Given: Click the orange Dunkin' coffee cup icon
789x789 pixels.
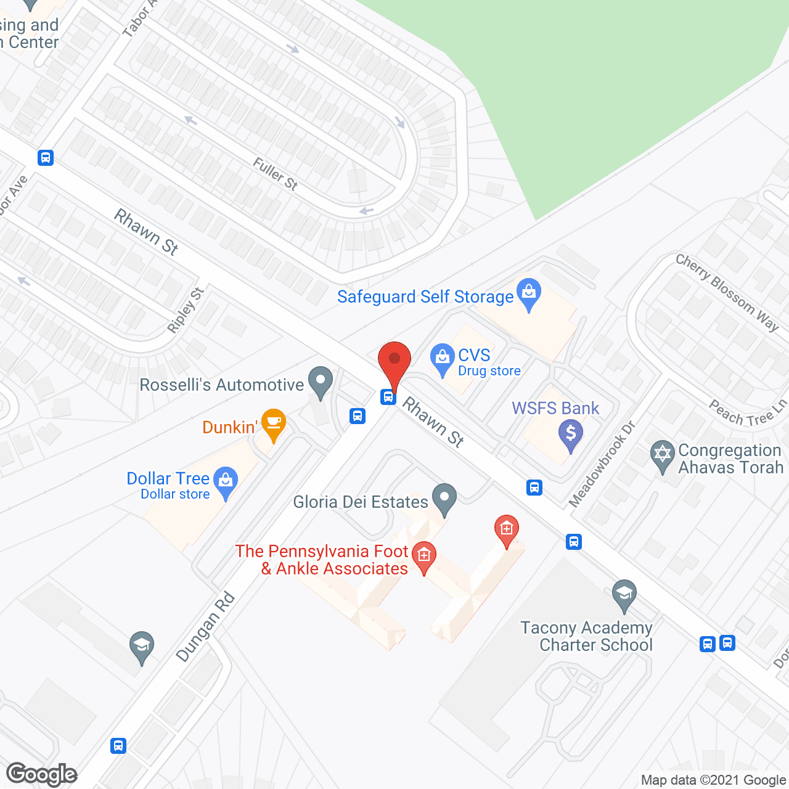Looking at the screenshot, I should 274,423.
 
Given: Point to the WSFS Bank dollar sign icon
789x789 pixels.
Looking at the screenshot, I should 571,433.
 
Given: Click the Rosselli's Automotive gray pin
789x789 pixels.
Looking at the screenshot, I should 320,381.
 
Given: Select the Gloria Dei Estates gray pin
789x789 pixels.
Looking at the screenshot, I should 444,498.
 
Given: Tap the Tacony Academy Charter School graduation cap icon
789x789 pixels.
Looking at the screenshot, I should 624,594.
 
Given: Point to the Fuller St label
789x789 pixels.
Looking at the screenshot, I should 276,174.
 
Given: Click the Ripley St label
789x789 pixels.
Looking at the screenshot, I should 186,310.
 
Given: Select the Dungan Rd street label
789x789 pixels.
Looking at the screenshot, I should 205,627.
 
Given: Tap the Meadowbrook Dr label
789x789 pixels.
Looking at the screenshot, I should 602,464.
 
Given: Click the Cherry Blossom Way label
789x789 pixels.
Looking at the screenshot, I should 727,292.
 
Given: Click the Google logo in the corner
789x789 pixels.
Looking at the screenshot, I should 42,774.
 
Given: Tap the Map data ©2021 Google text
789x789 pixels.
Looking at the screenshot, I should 714,780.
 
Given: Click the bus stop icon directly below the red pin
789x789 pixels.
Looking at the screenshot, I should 388,396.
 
